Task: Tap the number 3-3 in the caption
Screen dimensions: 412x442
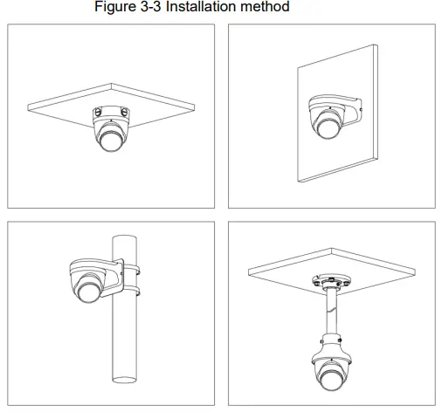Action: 168,8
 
